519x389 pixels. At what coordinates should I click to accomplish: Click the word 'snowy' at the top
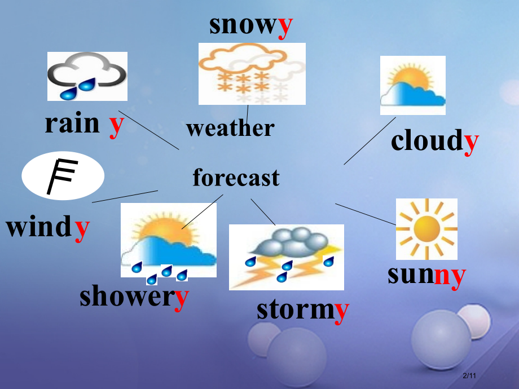tap(251, 26)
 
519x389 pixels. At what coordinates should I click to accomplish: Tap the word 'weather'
tap(230, 129)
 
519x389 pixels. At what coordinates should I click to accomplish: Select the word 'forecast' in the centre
tap(236, 178)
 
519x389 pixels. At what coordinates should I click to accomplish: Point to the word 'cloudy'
tap(434, 141)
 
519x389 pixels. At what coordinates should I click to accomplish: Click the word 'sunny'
tap(426, 275)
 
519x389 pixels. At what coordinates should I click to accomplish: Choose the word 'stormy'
tap(303, 310)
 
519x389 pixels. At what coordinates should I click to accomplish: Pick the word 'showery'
tap(134, 297)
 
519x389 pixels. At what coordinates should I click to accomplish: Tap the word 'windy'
tap(48, 228)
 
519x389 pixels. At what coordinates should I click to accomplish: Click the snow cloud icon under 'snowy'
tap(252, 74)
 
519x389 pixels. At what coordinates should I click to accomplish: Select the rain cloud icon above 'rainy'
tap(87, 76)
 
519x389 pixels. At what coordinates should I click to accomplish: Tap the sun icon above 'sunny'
tap(426, 229)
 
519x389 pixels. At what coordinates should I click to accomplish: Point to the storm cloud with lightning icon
tap(286, 257)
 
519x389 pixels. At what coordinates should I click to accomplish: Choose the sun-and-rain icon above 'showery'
tap(168, 246)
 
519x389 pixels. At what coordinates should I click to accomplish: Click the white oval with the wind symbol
tap(63, 175)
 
